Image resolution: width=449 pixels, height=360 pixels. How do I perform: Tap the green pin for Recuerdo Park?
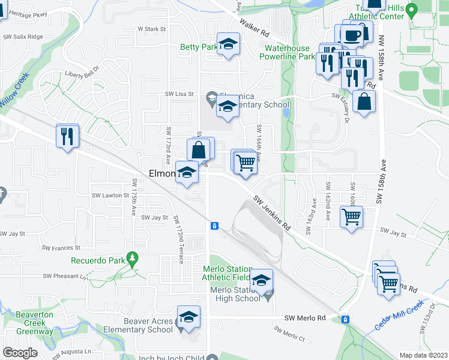point(133,260)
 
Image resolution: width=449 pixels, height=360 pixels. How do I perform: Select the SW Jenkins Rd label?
point(272,213)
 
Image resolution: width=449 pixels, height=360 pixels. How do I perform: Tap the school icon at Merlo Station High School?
point(261,281)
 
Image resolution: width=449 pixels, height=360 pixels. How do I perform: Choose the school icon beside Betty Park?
point(228,44)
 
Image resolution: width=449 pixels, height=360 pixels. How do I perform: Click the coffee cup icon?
point(354,35)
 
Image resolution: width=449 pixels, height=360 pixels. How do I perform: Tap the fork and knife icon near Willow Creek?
point(67,136)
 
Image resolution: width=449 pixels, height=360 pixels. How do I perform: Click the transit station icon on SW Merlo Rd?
point(345,319)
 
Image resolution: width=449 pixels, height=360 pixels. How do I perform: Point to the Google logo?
point(20,353)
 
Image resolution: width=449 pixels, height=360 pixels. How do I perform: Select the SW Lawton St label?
point(110,196)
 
